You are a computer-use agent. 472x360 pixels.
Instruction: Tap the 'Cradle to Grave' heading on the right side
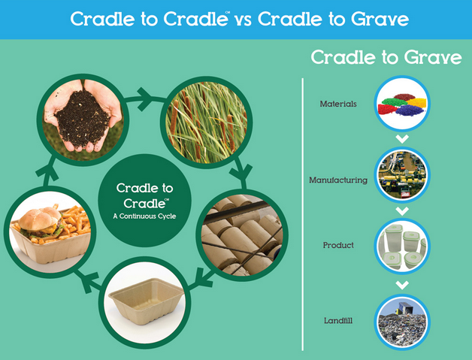(x=386, y=57)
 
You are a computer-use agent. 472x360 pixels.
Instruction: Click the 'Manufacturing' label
(x=337, y=180)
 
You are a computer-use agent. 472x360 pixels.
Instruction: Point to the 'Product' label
(x=338, y=245)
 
